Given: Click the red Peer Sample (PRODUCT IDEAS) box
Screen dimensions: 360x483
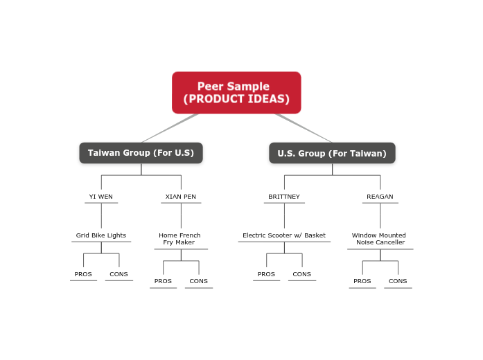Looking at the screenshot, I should click(x=236, y=93).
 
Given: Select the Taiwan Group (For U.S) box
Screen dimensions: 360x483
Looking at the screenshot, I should click(x=141, y=153).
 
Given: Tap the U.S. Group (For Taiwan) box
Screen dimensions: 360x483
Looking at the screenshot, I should click(x=332, y=153).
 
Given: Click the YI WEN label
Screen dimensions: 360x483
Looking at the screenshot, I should click(x=101, y=197).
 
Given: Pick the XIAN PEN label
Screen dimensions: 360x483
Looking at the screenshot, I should click(x=181, y=197).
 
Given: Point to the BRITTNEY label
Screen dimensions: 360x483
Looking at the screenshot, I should click(x=284, y=197).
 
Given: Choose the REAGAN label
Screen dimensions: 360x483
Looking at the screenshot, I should click(x=380, y=197).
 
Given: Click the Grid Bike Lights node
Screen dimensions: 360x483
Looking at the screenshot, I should click(x=101, y=235).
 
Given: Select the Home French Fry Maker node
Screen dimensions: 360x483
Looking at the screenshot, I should click(x=180, y=239).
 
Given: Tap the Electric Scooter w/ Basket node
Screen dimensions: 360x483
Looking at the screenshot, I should click(x=284, y=235).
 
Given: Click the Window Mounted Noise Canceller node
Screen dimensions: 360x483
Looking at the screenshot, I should click(x=380, y=239).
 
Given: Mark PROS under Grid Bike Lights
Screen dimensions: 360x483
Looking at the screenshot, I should click(x=83, y=274).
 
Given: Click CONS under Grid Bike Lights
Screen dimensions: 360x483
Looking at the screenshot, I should click(x=118, y=274).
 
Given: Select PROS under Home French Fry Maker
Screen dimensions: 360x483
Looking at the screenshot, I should click(x=163, y=281).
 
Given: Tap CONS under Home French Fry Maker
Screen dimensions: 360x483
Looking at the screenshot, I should click(x=199, y=281).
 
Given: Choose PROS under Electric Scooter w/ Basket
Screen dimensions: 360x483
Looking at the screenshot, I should click(x=266, y=274).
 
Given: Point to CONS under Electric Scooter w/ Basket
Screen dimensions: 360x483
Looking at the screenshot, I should click(x=302, y=274).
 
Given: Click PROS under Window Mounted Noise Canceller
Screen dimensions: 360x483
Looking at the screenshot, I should click(x=362, y=281).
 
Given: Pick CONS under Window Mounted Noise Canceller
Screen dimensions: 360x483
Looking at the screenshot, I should click(x=398, y=281).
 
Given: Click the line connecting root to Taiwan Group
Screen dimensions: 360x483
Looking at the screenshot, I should click(x=170, y=129).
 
